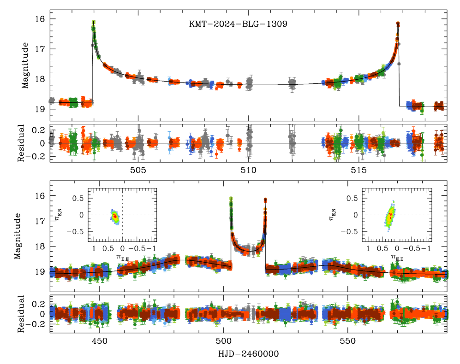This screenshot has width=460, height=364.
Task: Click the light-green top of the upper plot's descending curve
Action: [x=94, y=23]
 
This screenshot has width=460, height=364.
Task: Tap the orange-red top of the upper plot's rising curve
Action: [x=398, y=24]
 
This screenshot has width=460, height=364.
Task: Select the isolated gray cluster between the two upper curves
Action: [x=292, y=83]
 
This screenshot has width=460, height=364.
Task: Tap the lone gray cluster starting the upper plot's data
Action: [x=52, y=100]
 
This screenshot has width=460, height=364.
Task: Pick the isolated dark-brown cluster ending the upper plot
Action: [x=438, y=106]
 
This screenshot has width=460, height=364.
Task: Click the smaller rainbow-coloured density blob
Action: [x=115, y=217]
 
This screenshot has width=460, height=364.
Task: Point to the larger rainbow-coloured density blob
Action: [x=390, y=216]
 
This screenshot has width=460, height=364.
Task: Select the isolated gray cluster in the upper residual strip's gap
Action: [x=292, y=141]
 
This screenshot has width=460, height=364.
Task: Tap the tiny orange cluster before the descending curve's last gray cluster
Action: [x=239, y=85]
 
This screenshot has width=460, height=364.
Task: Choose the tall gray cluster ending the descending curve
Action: [x=250, y=82]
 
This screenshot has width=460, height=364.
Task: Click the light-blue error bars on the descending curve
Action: [x=170, y=81]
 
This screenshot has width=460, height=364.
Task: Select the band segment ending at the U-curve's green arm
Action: [x=208, y=262]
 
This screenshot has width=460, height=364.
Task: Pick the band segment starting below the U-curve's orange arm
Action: [x=291, y=268]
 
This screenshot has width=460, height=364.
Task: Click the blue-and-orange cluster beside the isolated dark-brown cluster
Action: [x=415, y=106]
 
